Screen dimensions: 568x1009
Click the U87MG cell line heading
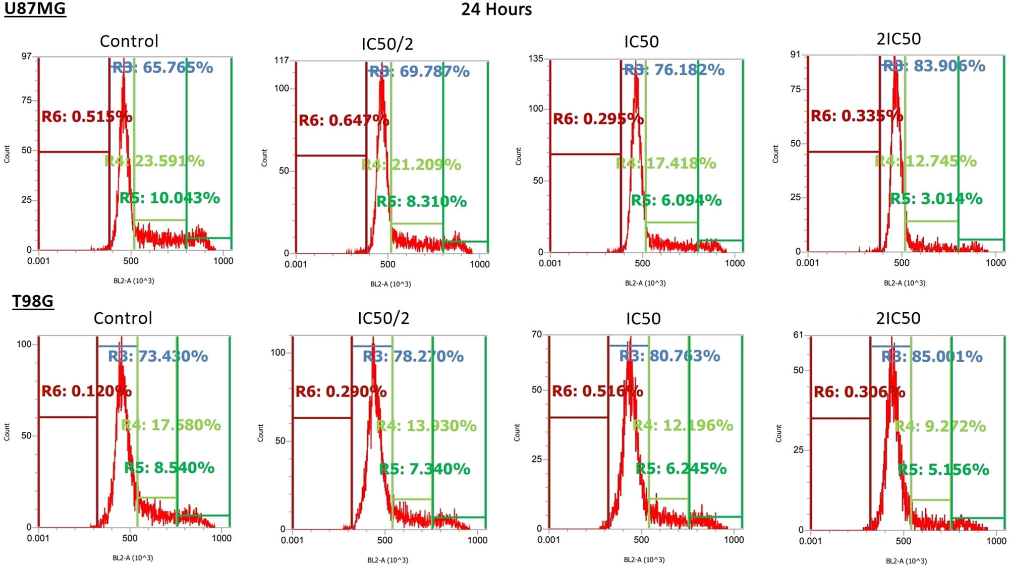(x=35, y=9)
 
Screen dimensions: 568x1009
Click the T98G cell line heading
(x=33, y=301)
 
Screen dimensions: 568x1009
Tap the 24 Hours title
(x=496, y=10)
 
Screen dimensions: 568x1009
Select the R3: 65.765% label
(x=162, y=68)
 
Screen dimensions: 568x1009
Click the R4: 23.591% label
(x=154, y=161)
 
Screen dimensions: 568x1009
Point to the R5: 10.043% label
(x=170, y=198)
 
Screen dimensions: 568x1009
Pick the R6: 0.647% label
(x=344, y=121)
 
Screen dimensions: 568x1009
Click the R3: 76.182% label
(x=674, y=70)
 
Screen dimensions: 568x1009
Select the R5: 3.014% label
(x=936, y=199)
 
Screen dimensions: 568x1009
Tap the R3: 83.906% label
(x=933, y=66)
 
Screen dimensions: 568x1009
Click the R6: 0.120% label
(x=86, y=391)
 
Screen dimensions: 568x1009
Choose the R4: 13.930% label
(x=426, y=426)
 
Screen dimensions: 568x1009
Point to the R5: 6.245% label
(x=681, y=469)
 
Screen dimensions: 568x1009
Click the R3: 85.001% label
(x=932, y=357)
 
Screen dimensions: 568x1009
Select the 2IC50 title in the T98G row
(x=898, y=318)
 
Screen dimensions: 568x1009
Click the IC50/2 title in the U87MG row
(x=387, y=44)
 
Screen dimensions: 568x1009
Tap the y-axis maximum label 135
(x=536, y=59)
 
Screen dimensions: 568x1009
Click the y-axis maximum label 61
(x=798, y=335)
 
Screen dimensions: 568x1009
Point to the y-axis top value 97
(x=26, y=56)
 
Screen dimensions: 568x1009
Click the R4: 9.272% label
(x=940, y=426)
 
